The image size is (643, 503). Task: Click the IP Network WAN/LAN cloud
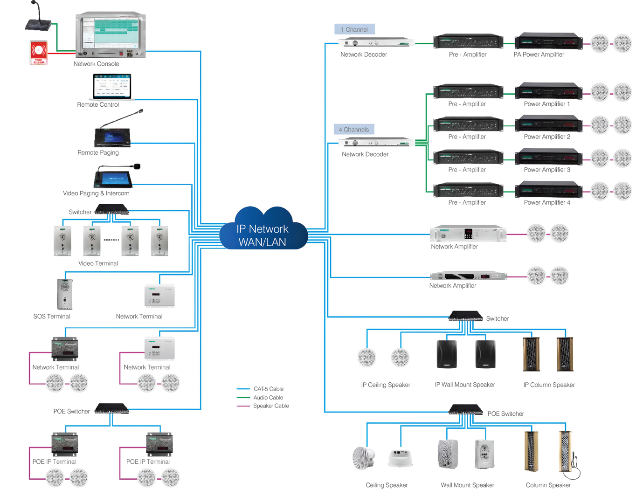[263, 231]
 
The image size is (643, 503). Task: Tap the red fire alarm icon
[38, 52]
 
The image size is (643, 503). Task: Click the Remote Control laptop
[112, 87]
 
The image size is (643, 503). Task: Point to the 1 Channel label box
[354, 29]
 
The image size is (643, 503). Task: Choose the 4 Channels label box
[353, 129]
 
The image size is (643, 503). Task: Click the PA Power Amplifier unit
[548, 41]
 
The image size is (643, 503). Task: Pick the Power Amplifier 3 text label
[547, 170]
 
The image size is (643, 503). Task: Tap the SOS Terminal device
[65, 294]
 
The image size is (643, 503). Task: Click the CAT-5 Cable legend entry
[268, 389]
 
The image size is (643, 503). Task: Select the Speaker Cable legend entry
[270, 406]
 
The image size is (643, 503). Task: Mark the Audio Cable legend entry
[268, 398]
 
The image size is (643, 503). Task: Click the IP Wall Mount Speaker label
[465, 385]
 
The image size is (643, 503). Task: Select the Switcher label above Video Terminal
[80, 212]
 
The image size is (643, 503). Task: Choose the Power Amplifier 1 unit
[548, 91]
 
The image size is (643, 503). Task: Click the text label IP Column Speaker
[549, 385]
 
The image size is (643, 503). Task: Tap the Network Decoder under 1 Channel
[376, 43]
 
